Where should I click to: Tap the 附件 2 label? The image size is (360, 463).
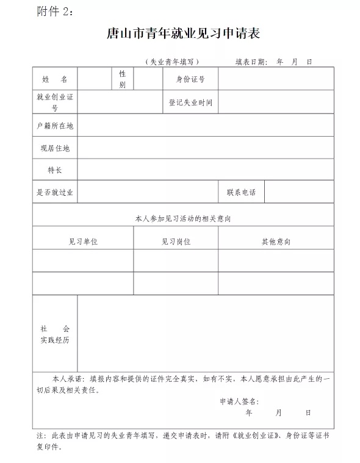(x=54, y=12)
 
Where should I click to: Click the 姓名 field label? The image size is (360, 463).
(x=55, y=79)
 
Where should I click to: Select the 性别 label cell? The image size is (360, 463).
(x=122, y=79)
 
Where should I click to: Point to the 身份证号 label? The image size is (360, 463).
(x=190, y=79)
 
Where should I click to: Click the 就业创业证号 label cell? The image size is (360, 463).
(x=55, y=102)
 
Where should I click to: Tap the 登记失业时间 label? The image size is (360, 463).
(x=190, y=102)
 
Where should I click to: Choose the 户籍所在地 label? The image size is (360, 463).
(x=55, y=126)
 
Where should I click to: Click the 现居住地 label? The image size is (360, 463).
(x=55, y=148)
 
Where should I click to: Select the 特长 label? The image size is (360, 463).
(x=55, y=170)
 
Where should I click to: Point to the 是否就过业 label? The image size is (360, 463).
(x=55, y=192)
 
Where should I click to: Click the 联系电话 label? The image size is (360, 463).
(x=241, y=192)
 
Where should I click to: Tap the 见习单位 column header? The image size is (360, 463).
(x=83, y=242)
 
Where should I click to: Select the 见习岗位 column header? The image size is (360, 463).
(x=176, y=242)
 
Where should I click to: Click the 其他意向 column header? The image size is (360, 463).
(x=276, y=242)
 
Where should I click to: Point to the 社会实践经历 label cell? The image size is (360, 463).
(x=55, y=334)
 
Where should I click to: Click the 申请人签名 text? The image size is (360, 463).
(x=239, y=401)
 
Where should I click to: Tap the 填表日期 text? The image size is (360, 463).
(x=251, y=62)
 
